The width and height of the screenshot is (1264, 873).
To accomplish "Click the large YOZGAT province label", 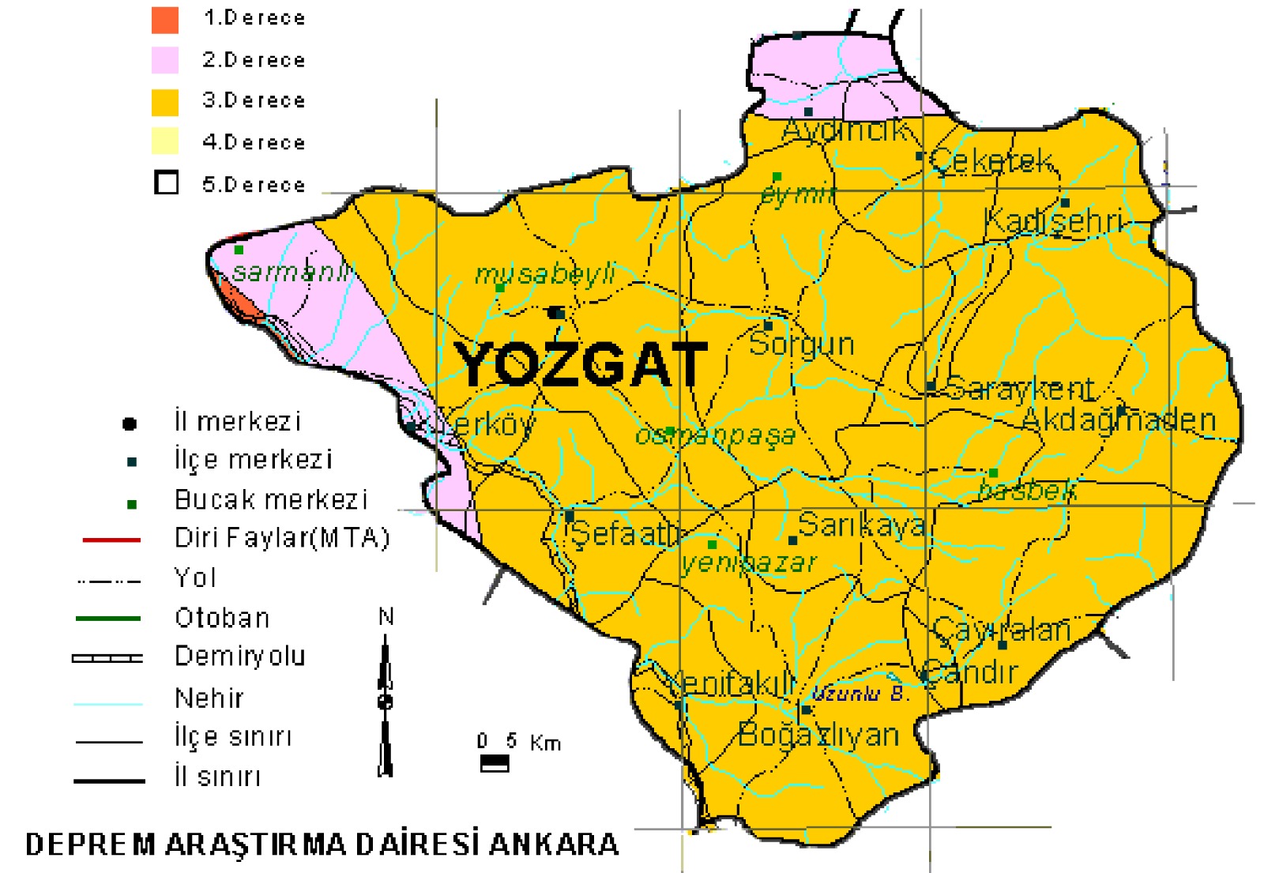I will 581,365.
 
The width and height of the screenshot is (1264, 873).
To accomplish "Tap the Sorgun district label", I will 801,344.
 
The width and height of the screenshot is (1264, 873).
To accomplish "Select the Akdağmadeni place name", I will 1119,420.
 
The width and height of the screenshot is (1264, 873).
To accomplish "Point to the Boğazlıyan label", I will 818,735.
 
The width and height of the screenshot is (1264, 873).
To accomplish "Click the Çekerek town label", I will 991,160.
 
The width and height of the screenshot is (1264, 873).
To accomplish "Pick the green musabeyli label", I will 544,274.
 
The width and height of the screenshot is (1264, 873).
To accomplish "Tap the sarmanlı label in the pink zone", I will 291,273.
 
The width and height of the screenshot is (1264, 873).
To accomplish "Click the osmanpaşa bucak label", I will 715,435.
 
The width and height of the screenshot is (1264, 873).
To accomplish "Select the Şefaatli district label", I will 624,535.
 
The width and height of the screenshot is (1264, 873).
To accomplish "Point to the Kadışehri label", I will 1053,222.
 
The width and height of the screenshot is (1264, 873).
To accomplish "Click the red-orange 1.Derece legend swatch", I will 165,20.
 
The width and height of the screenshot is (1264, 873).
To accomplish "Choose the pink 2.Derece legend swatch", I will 165,60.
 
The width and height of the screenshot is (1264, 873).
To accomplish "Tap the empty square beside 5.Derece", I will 166,183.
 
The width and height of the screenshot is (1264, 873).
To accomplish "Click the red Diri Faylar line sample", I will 111,540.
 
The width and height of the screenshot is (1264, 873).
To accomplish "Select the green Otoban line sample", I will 108,619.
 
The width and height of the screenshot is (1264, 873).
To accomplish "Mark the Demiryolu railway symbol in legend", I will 107,657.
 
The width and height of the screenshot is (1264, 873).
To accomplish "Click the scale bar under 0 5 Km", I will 495,763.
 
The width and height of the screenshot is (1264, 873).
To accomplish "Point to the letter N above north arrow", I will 386,616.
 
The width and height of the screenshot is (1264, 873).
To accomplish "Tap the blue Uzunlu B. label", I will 860,694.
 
